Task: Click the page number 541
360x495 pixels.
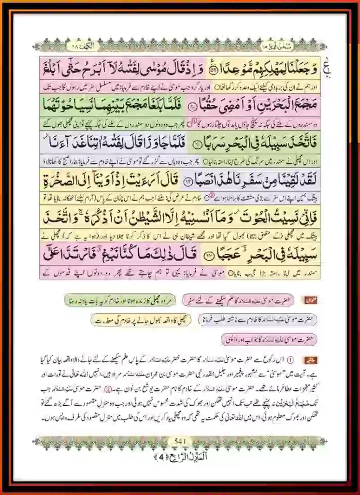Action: coord(179,441)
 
